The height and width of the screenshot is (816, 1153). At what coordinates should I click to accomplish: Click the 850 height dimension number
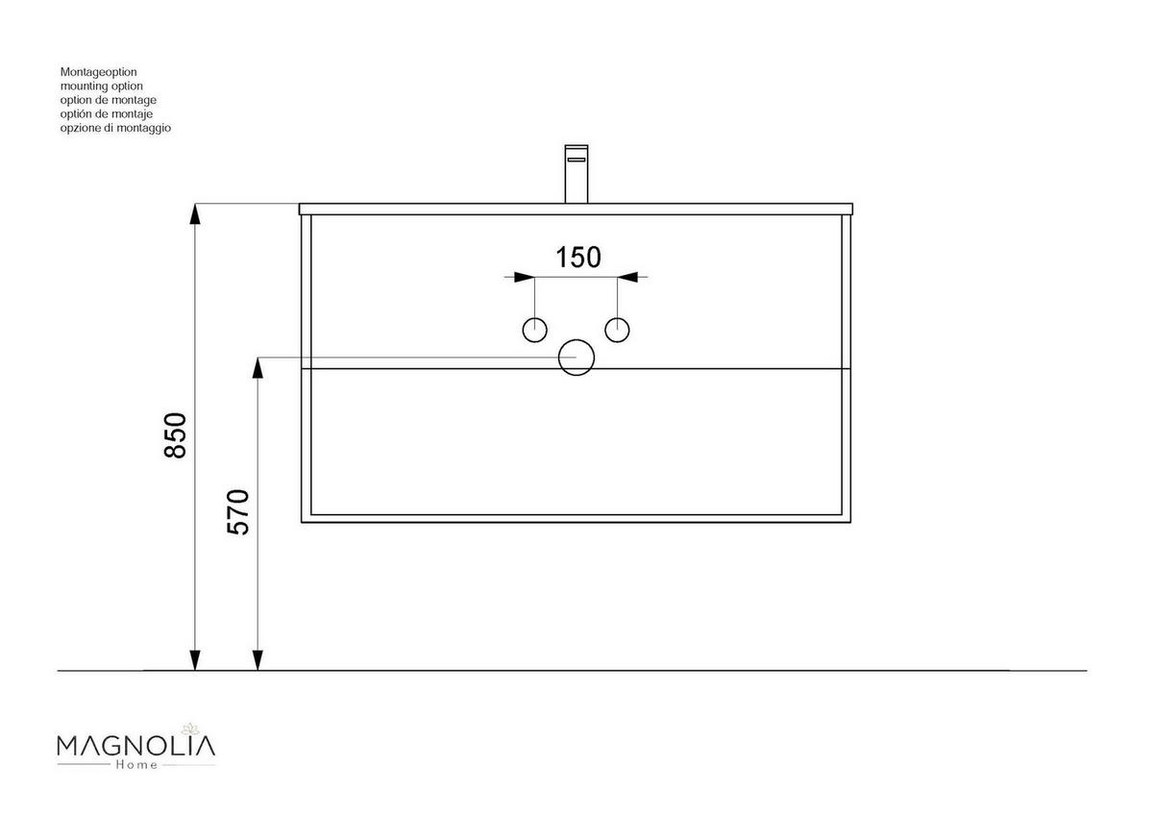click(175, 434)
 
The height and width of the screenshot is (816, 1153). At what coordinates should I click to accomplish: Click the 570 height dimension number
click(238, 511)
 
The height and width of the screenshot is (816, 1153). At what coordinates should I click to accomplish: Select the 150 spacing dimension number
click(578, 257)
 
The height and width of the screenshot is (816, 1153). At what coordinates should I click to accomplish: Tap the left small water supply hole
click(535, 329)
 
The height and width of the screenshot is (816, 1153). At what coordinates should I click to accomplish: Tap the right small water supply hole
click(618, 329)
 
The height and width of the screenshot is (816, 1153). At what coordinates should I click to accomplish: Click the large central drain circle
click(576, 358)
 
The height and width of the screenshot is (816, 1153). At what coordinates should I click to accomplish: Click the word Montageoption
click(100, 72)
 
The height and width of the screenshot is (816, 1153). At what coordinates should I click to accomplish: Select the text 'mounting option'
click(101, 86)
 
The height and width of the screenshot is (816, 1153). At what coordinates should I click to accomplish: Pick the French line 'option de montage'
click(108, 100)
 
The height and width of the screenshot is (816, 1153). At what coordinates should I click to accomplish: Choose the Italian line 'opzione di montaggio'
click(115, 128)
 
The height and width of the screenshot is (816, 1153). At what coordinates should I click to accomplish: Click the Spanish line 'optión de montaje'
click(107, 113)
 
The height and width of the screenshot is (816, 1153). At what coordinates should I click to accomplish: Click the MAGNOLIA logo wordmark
click(135, 745)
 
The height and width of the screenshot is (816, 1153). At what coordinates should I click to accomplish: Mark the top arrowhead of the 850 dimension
click(195, 214)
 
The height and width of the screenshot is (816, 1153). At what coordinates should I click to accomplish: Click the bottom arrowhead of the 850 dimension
click(195, 659)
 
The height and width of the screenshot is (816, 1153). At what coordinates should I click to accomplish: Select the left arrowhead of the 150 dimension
click(524, 277)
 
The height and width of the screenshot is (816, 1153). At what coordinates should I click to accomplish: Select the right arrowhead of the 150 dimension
click(628, 277)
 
